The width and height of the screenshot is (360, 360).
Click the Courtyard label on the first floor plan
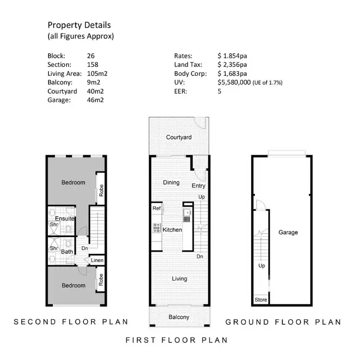[179, 138]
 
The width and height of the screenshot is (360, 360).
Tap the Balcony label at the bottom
[179, 317]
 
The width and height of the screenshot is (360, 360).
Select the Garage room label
[288, 232]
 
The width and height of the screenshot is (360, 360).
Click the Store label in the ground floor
[260, 300]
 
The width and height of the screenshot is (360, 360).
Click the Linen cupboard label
[97, 261]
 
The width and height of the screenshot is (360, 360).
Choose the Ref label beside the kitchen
[156, 208]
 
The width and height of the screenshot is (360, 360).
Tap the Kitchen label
[172, 230]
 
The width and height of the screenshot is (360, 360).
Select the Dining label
[171, 182]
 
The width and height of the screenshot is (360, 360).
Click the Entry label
[198, 186]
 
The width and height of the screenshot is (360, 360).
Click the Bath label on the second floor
[67, 251]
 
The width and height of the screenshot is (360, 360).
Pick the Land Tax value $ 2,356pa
[232, 65]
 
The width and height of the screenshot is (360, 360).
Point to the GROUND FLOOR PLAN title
[283, 322]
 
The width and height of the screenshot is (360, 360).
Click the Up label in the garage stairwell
[262, 265]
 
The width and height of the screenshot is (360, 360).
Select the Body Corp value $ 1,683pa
[232, 73]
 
